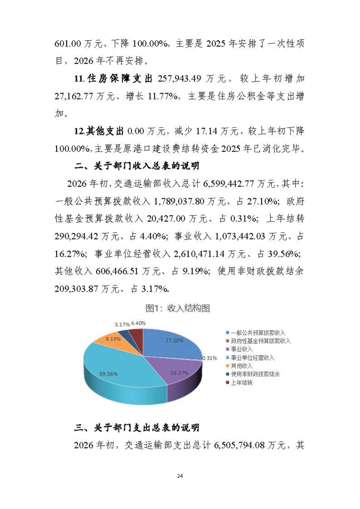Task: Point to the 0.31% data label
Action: pos(209,358)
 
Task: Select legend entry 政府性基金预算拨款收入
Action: pos(261,341)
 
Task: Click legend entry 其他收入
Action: pos(241,366)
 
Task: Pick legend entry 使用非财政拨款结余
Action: pos(255,374)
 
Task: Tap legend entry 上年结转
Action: pos(241,383)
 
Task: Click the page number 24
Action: pos(180,476)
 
